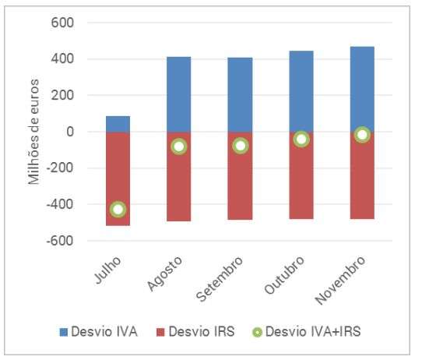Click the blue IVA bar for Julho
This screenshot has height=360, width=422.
click(118, 124)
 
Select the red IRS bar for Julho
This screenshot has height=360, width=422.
click(118, 178)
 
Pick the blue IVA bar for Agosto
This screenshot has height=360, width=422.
click(179, 94)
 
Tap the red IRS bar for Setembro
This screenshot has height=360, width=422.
click(240, 175)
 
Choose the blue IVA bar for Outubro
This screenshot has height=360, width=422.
click(301, 91)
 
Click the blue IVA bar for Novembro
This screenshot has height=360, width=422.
click(362, 90)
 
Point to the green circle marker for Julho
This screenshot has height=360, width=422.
click(118, 209)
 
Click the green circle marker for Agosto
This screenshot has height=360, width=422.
click(179, 146)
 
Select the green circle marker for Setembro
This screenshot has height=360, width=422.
click(241, 146)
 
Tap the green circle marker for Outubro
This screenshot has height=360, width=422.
click(301, 139)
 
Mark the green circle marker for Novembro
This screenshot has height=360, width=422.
click(362, 134)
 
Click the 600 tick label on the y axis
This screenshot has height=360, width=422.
click(62, 23)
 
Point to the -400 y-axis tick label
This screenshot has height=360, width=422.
click(60, 204)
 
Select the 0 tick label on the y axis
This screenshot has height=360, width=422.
click(70, 132)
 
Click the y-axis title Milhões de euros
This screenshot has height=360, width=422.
click(33, 132)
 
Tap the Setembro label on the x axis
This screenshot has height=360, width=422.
click(220, 279)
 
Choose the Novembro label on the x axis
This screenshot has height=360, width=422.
click(341, 280)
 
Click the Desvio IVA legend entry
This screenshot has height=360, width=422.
click(99, 331)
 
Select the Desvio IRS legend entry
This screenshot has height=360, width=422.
click(195, 331)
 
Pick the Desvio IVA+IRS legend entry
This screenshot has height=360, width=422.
click(307, 331)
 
